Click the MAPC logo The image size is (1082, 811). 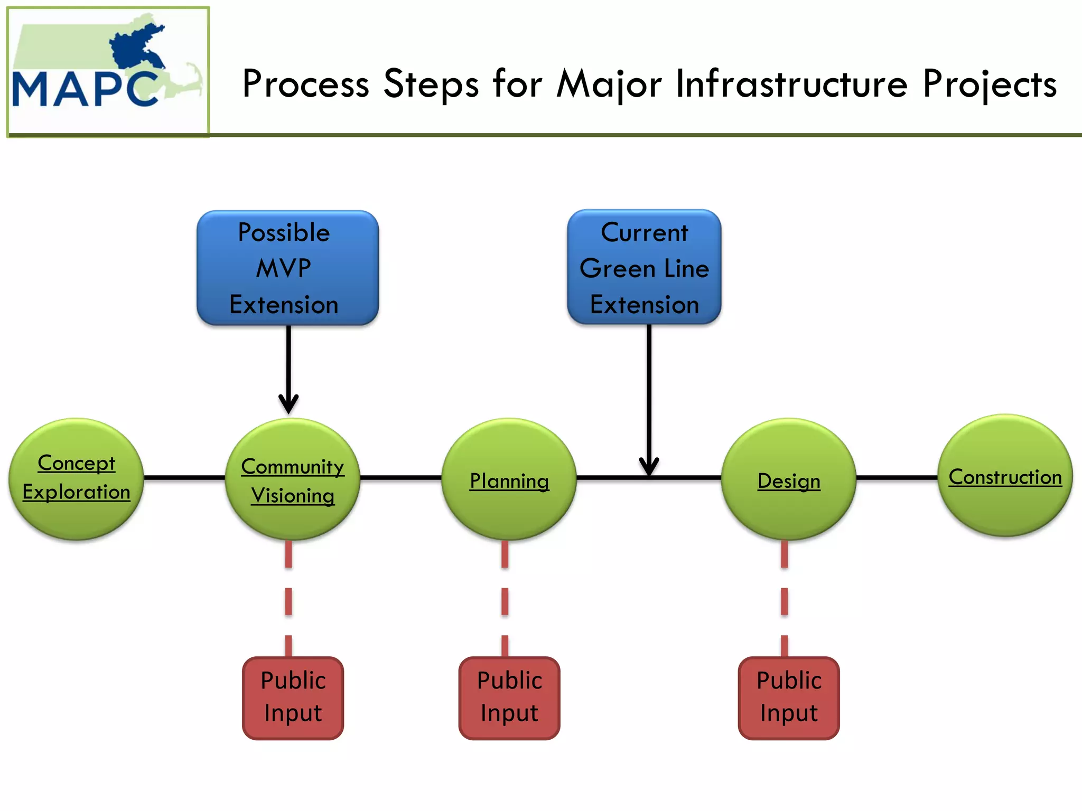click(x=108, y=72)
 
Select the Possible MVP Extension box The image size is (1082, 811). click(x=288, y=268)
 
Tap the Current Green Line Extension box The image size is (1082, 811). click(x=645, y=267)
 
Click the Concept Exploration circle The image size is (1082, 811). click(x=77, y=478)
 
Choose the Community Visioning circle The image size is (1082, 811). click(x=293, y=479)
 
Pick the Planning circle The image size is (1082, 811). click(x=509, y=479)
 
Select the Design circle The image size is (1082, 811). click(x=789, y=479)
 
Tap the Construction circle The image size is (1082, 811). click(x=1005, y=475)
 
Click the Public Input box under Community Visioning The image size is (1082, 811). click(x=293, y=698)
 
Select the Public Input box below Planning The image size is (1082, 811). click(x=509, y=698)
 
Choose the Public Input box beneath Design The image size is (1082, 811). click(x=789, y=698)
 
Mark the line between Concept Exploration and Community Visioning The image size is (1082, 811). click(x=185, y=478)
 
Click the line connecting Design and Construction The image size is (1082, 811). click(x=897, y=478)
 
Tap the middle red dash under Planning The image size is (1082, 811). click(x=505, y=601)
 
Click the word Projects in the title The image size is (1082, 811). click(x=990, y=84)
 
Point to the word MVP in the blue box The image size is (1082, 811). click(x=284, y=268)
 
